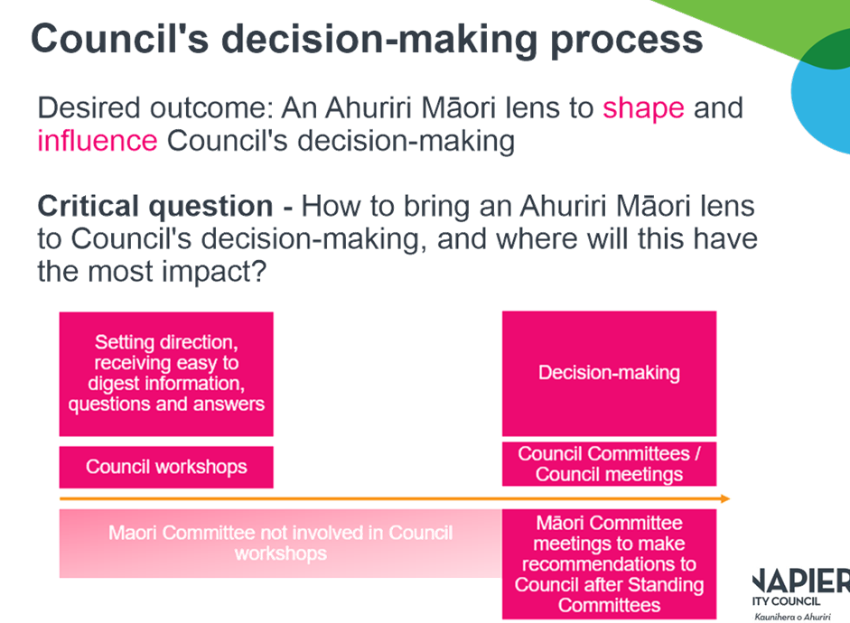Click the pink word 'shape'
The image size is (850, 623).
click(x=643, y=109)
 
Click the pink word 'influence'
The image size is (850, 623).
click(x=98, y=142)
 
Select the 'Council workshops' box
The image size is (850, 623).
click(x=166, y=467)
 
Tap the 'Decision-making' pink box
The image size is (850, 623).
click(x=609, y=373)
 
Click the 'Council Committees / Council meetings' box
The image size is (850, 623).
click(x=609, y=464)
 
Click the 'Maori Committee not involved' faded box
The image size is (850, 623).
click(x=280, y=543)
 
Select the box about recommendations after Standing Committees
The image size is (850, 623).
click(x=609, y=563)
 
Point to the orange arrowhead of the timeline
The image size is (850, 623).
click(x=724, y=498)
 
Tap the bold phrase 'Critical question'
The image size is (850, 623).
click(x=154, y=207)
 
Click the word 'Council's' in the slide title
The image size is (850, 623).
click(x=126, y=41)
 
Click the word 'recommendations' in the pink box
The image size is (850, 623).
click(x=609, y=564)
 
